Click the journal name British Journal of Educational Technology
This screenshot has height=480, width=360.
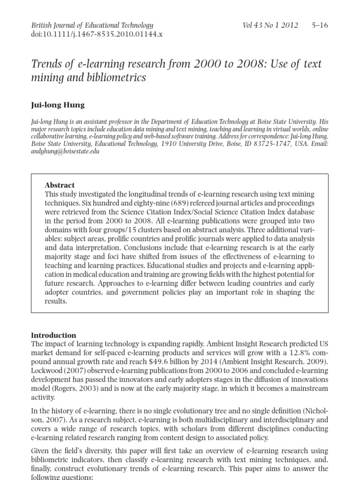pyautogui.click(x=92, y=25)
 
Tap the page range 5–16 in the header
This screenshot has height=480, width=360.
pyautogui.click(x=320, y=25)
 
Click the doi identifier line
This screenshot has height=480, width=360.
pyautogui.click(x=97, y=34)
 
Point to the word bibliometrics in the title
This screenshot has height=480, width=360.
pyautogui.click(x=116, y=77)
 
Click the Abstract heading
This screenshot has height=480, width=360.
pyautogui.click(x=60, y=185)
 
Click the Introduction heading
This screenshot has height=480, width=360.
pyautogui.click(x=53, y=335)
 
